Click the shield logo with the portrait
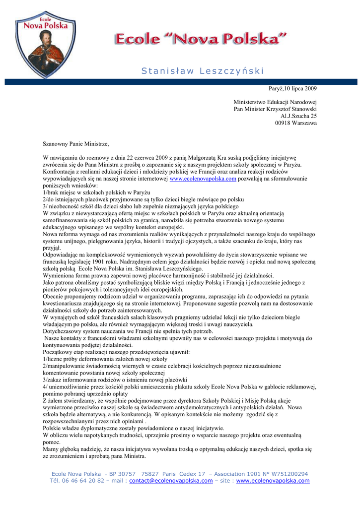(x=46, y=44)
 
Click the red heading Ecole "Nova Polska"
(x=201, y=39)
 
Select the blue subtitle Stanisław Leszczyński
(x=203, y=71)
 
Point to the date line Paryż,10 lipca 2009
(x=292, y=88)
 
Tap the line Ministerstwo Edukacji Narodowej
(x=275, y=102)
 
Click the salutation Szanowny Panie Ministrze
(x=76, y=144)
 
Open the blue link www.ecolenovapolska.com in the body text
(x=203, y=179)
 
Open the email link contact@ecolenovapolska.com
(x=171, y=481)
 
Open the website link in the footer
(x=273, y=481)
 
